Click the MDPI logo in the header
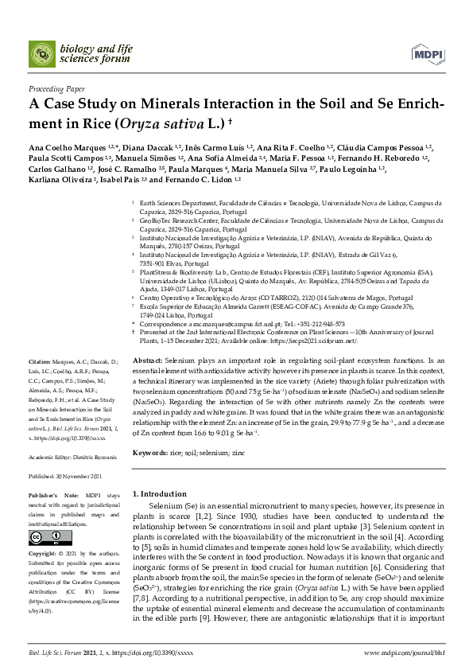[x=427, y=53]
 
